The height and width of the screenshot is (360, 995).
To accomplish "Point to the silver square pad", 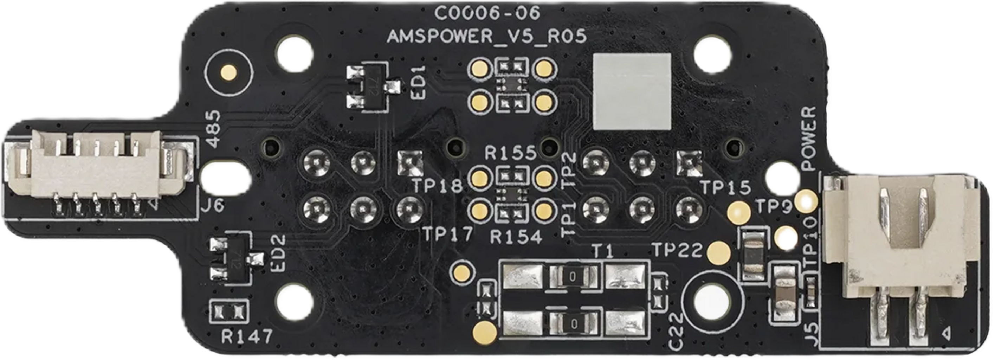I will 632,91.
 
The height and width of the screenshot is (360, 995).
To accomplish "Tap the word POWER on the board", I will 809,138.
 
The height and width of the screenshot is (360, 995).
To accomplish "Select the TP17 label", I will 447,234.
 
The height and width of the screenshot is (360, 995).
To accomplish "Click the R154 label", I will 516,238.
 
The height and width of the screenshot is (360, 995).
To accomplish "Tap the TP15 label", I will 726,188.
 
